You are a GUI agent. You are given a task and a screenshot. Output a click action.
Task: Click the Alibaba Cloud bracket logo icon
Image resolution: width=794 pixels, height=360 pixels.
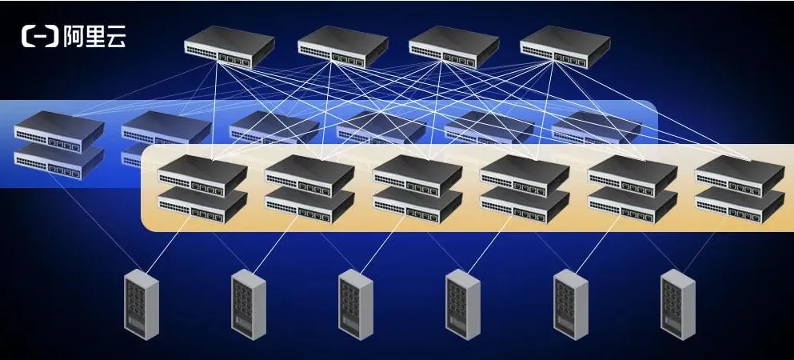click(x=40, y=37)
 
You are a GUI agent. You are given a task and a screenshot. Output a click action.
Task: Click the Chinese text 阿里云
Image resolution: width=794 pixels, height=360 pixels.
click(x=94, y=37)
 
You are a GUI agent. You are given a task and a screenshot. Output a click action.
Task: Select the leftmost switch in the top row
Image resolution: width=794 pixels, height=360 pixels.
click(x=229, y=46)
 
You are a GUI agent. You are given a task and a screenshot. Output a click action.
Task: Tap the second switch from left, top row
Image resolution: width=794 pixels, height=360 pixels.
click(x=343, y=46)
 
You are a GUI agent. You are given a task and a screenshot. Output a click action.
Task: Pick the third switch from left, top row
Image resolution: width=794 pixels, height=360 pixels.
click(x=453, y=46)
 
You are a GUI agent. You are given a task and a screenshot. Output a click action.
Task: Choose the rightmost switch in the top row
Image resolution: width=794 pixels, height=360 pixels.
click(x=565, y=46)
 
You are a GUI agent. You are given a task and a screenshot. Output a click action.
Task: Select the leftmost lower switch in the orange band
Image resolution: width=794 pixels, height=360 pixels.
click(x=202, y=205)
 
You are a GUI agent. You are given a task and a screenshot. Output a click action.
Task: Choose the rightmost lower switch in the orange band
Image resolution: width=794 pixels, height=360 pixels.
click(x=740, y=205)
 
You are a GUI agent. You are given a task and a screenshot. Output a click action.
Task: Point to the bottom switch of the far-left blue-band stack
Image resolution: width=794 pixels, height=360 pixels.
click(x=59, y=162)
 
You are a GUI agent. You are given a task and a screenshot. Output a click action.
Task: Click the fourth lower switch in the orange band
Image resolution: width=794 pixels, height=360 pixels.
click(x=525, y=205)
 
